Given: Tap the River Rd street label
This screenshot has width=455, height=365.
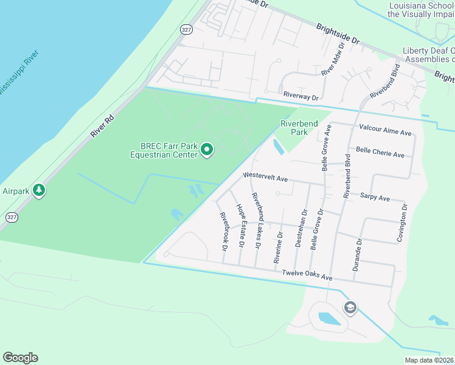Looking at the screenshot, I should click(102, 125).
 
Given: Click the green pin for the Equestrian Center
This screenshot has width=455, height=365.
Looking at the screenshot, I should click(207, 149).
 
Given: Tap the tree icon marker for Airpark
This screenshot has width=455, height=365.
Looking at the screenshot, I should click(39, 190).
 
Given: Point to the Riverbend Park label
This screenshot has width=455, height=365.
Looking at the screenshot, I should click(299, 128).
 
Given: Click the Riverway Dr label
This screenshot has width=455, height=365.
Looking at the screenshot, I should click(300, 97).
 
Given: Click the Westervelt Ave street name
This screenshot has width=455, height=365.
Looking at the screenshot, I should click(265, 177).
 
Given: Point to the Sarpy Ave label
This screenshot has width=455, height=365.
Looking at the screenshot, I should click(375, 198).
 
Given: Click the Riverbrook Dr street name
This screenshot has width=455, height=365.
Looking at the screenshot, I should click(223, 231).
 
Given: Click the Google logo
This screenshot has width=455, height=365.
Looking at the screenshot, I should click(20, 358).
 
